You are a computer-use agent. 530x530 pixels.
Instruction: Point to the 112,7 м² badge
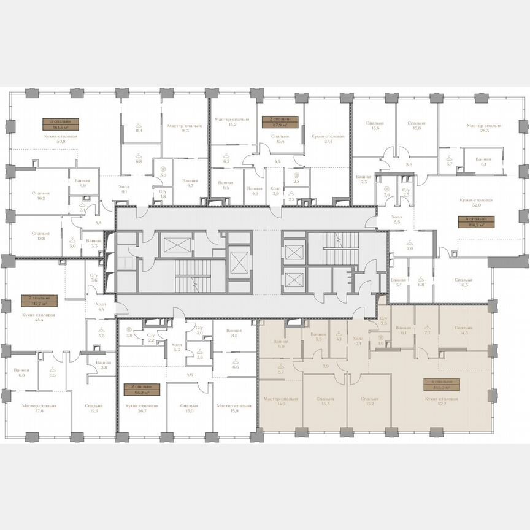39,301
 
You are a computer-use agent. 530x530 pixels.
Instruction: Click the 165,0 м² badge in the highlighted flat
441,385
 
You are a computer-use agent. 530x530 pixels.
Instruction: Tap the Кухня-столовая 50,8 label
62,139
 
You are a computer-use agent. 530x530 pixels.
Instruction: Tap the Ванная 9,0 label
280,345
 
